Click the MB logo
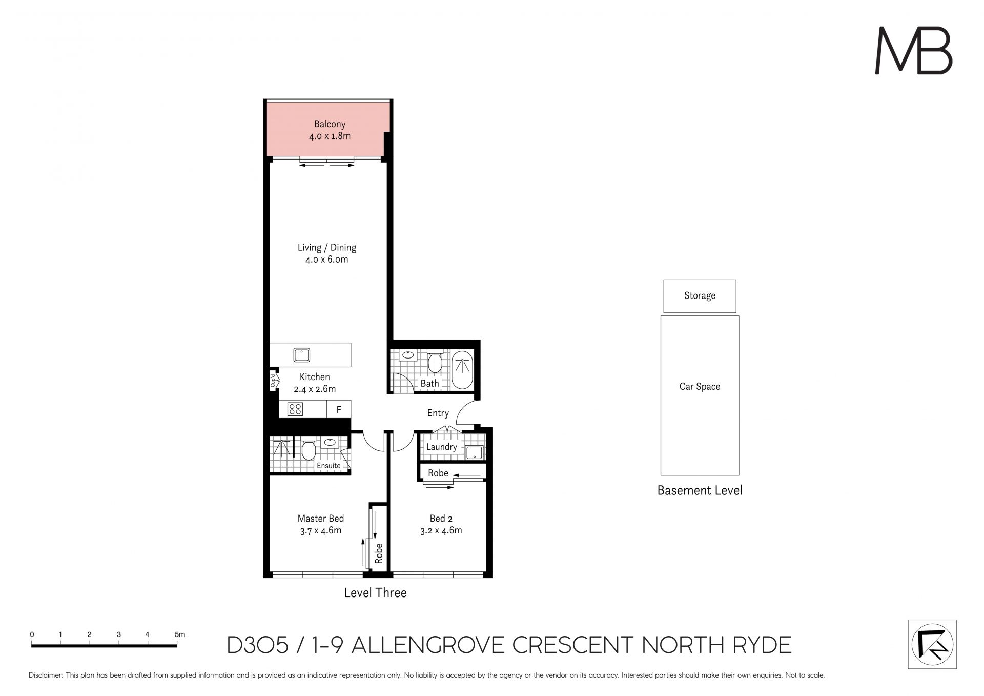[913, 51]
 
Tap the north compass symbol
[932, 644]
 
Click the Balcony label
[330, 124]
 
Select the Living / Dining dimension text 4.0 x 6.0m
[326, 260]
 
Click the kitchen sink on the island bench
[302, 354]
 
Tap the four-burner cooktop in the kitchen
[295, 409]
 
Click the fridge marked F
[339, 409]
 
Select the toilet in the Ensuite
[308, 450]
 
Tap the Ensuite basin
[329, 442]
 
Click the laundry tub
[474, 452]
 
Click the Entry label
[438, 413]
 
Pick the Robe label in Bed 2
[438, 473]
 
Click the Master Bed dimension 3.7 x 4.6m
[321, 531]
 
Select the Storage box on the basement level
[700, 296]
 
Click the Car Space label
[700, 387]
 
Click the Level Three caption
[375, 593]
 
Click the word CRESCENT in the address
[573, 645]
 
